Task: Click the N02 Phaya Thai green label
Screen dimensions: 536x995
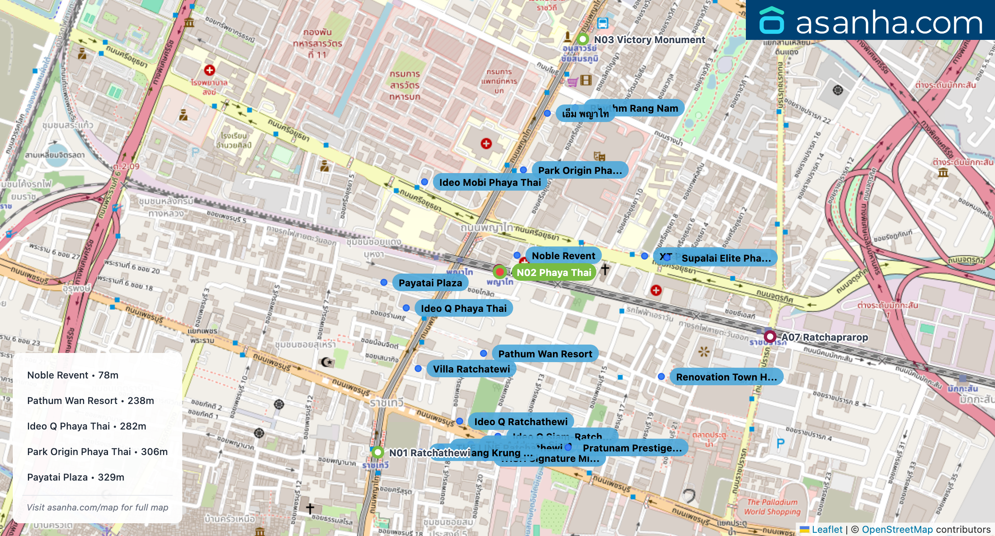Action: pyautogui.click(x=554, y=272)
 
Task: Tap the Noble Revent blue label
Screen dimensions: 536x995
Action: pyautogui.click(x=563, y=256)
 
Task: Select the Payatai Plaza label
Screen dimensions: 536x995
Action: pyautogui.click(x=430, y=283)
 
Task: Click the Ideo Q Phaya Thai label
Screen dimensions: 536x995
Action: pyautogui.click(x=463, y=308)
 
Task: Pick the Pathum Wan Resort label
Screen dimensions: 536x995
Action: pyautogui.click(x=545, y=354)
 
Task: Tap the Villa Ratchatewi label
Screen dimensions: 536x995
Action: pyautogui.click(x=471, y=369)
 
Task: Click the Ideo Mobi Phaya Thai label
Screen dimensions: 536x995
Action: pyautogui.click(x=490, y=182)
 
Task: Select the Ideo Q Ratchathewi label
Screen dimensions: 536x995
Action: pyautogui.click(x=521, y=422)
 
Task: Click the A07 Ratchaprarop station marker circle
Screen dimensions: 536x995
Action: pyautogui.click(x=770, y=337)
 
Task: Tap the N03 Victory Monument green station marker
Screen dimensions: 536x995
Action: pyautogui.click(x=583, y=39)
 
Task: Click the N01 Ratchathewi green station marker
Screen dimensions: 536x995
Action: pyautogui.click(x=378, y=452)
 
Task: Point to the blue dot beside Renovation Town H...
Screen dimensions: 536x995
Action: pyautogui.click(x=661, y=376)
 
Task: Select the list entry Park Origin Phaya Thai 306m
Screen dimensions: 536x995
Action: pyautogui.click(x=97, y=451)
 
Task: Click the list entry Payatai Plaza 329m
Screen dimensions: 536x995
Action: pyautogui.click(x=76, y=477)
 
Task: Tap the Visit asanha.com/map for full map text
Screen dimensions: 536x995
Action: pyautogui.click(x=97, y=507)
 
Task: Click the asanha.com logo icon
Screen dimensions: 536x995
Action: pyautogui.click(x=771, y=20)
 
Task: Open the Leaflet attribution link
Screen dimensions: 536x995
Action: pyautogui.click(x=827, y=529)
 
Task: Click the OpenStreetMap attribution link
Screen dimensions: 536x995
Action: pyautogui.click(x=897, y=529)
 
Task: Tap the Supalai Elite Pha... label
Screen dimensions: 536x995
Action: pyautogui.click(x=726, y=258)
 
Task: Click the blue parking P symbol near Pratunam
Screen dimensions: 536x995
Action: pyautogui.click(x=781, y=443)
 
